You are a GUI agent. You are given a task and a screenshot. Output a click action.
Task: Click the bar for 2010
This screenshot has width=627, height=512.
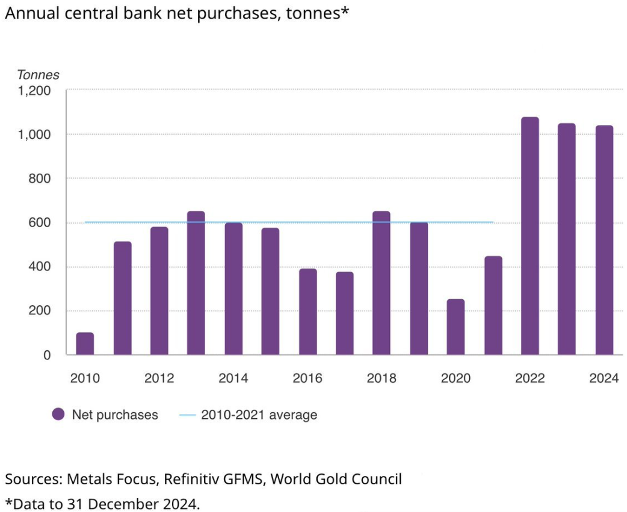coord(85,344)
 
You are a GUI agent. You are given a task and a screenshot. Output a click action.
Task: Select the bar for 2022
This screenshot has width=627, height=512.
coord(530,236)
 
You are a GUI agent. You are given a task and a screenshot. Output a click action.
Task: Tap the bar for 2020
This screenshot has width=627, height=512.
coord(456,327)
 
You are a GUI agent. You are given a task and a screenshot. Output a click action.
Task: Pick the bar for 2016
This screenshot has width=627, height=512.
coord(307,312)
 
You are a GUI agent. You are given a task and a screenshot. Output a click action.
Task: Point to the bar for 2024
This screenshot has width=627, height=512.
coord(604,240)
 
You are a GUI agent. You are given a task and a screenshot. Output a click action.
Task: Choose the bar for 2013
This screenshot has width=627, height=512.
coord(196,283)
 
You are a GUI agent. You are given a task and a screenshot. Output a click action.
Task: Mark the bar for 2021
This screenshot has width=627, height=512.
coord(493,305)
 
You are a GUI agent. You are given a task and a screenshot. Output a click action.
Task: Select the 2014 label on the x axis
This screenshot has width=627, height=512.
coord(233,379)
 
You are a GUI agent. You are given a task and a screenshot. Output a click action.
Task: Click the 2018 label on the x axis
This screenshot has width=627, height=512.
coord(381,379)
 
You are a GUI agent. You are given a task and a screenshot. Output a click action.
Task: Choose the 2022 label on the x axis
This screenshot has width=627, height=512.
coord(530,379)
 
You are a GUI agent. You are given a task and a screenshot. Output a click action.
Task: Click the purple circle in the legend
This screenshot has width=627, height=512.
coord(58,415)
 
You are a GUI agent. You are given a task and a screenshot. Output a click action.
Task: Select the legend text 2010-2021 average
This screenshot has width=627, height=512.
coord(259,415)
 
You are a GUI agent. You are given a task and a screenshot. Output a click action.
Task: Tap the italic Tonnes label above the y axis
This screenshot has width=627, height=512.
coord(38,75)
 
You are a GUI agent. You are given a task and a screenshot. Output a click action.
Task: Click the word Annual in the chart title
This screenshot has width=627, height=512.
coord(28,13)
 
